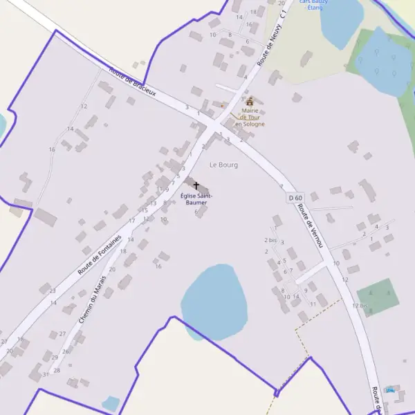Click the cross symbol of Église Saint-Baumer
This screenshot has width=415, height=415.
coord(196,186)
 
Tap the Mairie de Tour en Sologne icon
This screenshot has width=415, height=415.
coord(250,102)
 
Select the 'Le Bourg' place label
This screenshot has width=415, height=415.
coord(223,165)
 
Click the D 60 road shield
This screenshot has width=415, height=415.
coord(295,199)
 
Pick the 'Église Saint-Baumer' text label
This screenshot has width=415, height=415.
coord(196,199)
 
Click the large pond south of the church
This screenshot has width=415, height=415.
coord(214,301)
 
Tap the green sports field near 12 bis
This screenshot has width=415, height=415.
coord(378,297)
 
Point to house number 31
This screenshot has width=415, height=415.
coord(46,374)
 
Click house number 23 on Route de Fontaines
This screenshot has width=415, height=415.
coord(53,290)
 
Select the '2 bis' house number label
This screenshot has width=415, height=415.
coord(270,240)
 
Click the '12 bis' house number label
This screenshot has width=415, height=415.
coord(360,305)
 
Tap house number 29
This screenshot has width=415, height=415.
coord(55,357)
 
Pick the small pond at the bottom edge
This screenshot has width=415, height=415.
coord(111,403)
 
